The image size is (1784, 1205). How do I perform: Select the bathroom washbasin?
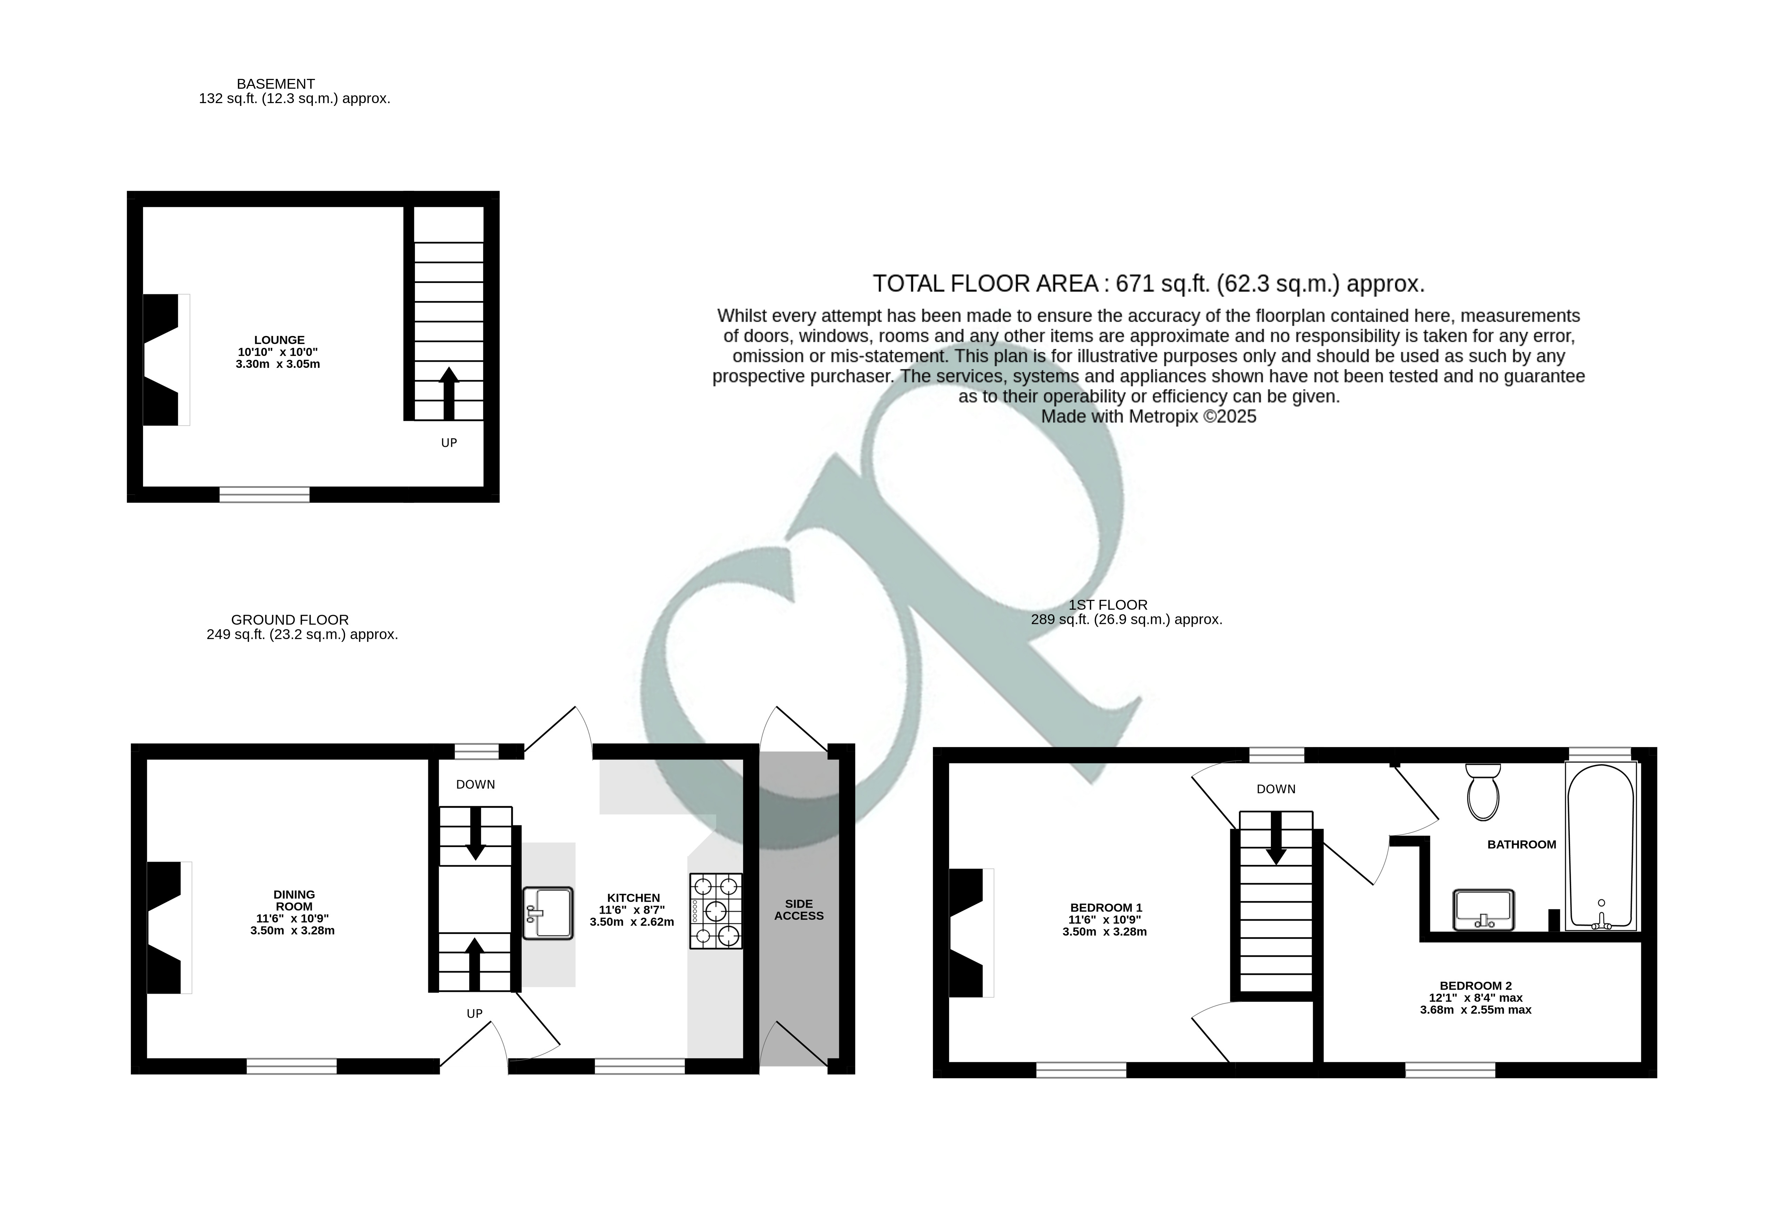1483,909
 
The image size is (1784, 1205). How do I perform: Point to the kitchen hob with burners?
715,911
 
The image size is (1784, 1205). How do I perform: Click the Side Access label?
798,909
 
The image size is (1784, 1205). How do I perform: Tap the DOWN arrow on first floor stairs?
1276,838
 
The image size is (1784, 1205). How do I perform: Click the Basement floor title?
276,84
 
